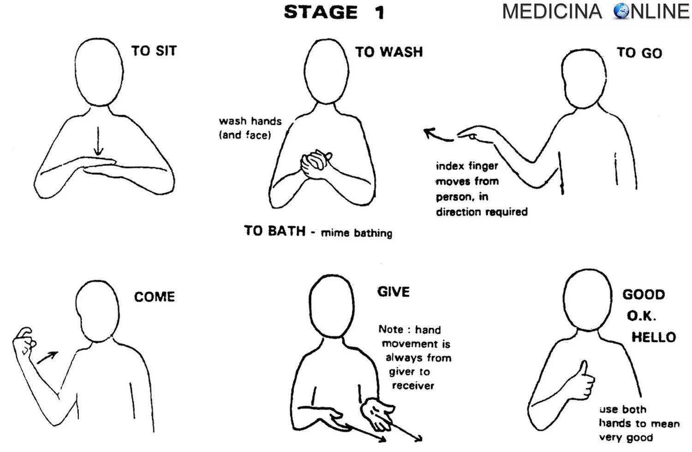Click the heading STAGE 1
[x=334, y=12]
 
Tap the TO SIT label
[x=154, y=51]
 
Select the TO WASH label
[x=389, y=52]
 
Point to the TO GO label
[x=639, y=53]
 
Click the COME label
[x=155, y=296]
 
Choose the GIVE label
[x=394, y=292]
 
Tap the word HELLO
[x=653, y=337]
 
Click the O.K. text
[x=641, y=316]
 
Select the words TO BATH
[x=274, y=230]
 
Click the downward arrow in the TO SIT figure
[x=98, y=141]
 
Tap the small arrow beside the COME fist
[x=48, y=357]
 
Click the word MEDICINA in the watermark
[x=552, y=12]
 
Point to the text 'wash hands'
[x=250, y=121]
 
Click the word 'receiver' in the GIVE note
[x=413, y=386]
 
